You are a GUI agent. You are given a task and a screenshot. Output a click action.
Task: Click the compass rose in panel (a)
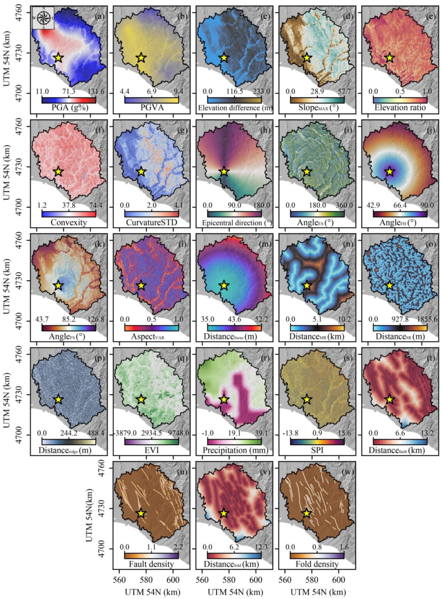coord(43,18)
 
